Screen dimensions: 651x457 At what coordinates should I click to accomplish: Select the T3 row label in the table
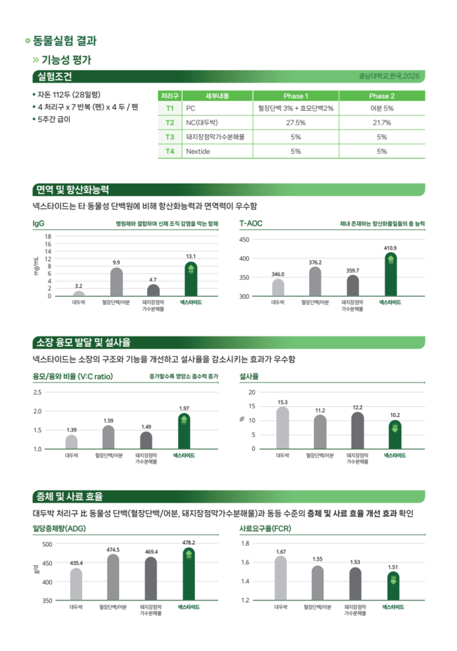click(x=170, y=136)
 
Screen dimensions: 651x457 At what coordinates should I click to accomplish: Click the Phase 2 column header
click(x=382, y=96)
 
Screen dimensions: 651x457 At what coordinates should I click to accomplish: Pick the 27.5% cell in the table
click(x=296, y=123)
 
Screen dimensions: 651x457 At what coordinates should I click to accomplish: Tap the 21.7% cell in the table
click(x=382, y=123)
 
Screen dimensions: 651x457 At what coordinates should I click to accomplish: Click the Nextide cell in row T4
click(x=198, y=151)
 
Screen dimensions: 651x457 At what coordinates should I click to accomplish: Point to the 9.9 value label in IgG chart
click(x=116, y=262)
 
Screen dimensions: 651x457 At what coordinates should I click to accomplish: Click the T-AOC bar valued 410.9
click(x=390, y=274)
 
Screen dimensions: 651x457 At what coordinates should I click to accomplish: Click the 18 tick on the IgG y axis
click(x=48, y=236)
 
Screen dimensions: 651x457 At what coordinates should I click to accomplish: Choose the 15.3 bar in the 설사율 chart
click(x=282, y=428)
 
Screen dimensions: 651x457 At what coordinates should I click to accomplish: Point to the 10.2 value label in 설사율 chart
click(x=394, y=415)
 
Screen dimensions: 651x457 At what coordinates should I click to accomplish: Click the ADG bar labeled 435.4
click(x=76, y=584)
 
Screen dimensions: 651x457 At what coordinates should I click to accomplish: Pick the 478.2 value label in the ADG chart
click(x=189, y=542)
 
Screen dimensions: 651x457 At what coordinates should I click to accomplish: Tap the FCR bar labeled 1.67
click(x=280, y=578)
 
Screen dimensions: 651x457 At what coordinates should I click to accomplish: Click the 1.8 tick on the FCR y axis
click(x=245, y=543)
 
